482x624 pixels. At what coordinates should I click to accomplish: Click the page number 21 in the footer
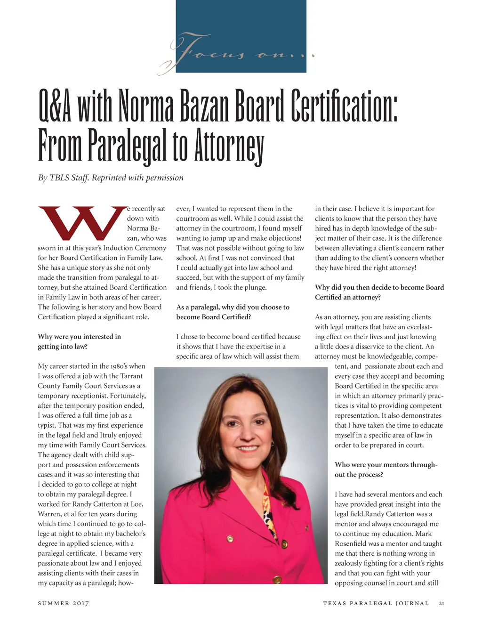441,603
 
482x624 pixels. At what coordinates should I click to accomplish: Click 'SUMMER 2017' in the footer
63,603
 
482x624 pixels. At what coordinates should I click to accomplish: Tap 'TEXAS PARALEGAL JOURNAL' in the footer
376,603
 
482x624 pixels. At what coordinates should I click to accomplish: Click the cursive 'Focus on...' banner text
235,53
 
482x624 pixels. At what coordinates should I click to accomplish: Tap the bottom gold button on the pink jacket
277,579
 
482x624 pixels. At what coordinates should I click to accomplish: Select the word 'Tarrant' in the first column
131,376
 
